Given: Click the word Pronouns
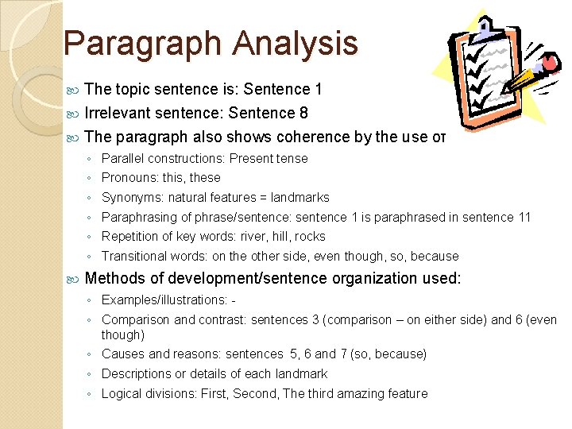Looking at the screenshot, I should (x=128, y=178).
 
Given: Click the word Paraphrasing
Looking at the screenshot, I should (x=137, y=217).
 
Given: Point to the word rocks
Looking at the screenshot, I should (x=311, y=236).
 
